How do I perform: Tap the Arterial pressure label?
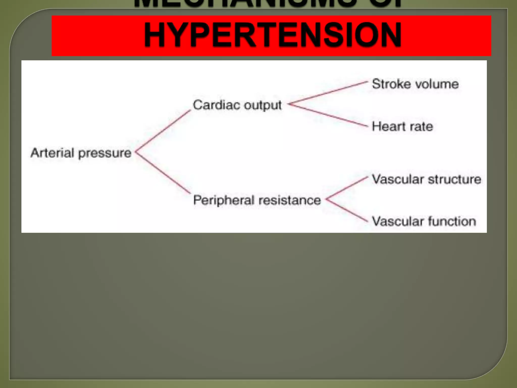coord(81,153)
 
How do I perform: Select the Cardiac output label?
coord(237,105)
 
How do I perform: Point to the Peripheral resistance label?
coord(257,200)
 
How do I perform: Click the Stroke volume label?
coord(415,84)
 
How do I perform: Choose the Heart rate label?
coord(402,126)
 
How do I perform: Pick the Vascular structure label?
coord(426,179)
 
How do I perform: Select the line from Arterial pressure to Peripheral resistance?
coord(163,173)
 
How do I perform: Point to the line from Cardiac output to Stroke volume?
coord(328,93)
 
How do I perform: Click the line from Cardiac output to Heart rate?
coord(328,115)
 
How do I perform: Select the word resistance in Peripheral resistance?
coord(290,200)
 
